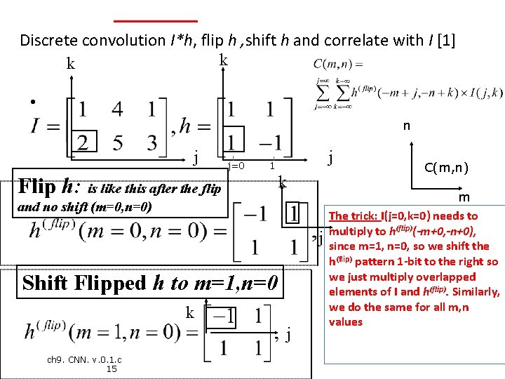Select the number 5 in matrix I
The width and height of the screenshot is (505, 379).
click(x=118, y=142)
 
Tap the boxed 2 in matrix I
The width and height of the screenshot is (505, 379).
click(x=83, y=142)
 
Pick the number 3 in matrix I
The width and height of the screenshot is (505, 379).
click(x=152, y=142)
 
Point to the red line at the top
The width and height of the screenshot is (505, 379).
click(x=155, y=20)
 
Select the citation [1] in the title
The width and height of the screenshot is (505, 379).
click(x=446, y=40)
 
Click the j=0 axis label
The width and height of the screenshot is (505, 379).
click(x=236, y=166)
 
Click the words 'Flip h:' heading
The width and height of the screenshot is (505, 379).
click(x=48, y=187)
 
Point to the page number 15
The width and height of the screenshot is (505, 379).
click(x=111, y=369)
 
